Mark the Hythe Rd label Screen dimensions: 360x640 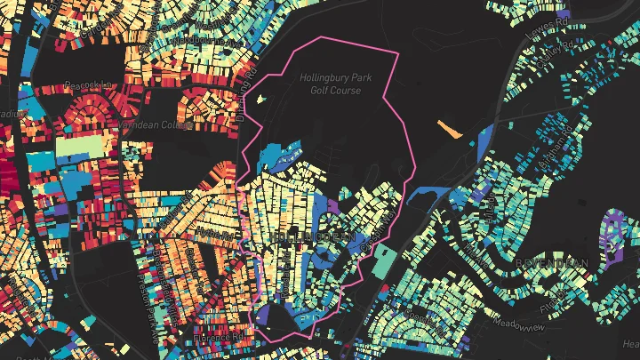click(x=211, y=233)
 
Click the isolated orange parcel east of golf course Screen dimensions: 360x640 click(x=451, y=131)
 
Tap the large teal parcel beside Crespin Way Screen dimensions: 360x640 click(x=383, y=260)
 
